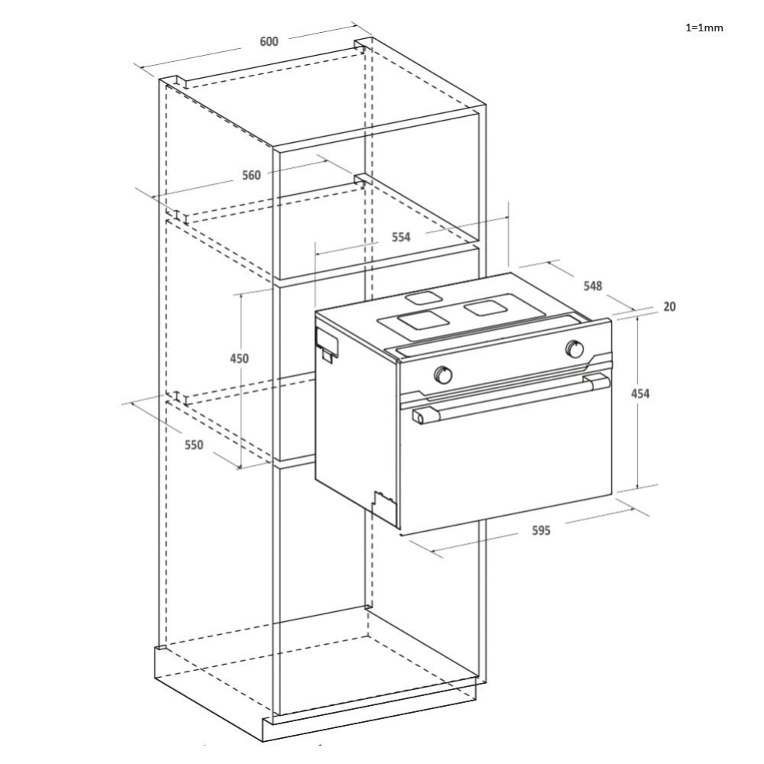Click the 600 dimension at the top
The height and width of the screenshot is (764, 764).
(x=269, y=41)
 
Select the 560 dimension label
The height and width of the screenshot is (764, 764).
(x=251, y=175)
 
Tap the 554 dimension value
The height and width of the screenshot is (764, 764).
(x=401, y=237)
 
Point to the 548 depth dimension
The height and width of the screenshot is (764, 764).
(x=593, y=286)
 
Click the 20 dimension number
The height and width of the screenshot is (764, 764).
(x=669, y=306)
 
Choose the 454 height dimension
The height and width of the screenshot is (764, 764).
(x=639, y=393)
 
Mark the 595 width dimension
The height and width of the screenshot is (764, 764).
(x=541, y=530)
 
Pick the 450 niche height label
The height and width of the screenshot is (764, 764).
(x=238, y=358)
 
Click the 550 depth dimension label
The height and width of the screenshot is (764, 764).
(x=193, y=445)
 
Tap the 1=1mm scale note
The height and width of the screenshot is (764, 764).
(x=704, y=28)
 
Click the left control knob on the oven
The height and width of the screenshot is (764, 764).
(x=443, y=374)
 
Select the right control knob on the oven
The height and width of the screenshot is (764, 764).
(x=575, y=349)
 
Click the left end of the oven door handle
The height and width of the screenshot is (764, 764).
(x=420, y=416)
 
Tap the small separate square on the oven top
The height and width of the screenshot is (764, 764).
(x=423, y=298)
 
